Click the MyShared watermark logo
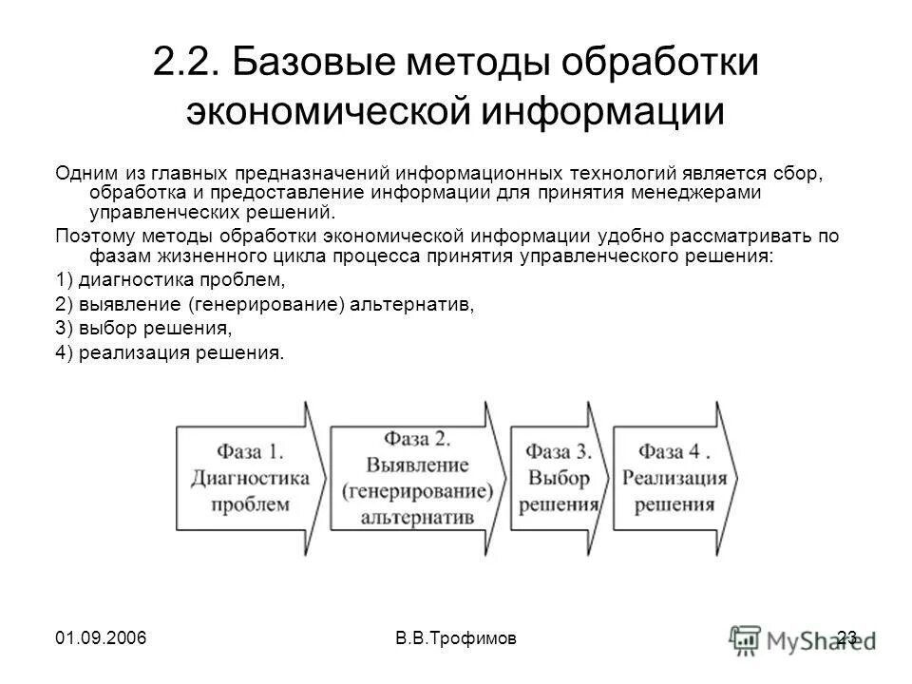tap(798, 638)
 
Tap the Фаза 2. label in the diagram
tap(416, 439)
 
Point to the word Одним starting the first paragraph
tap(86, 175)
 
